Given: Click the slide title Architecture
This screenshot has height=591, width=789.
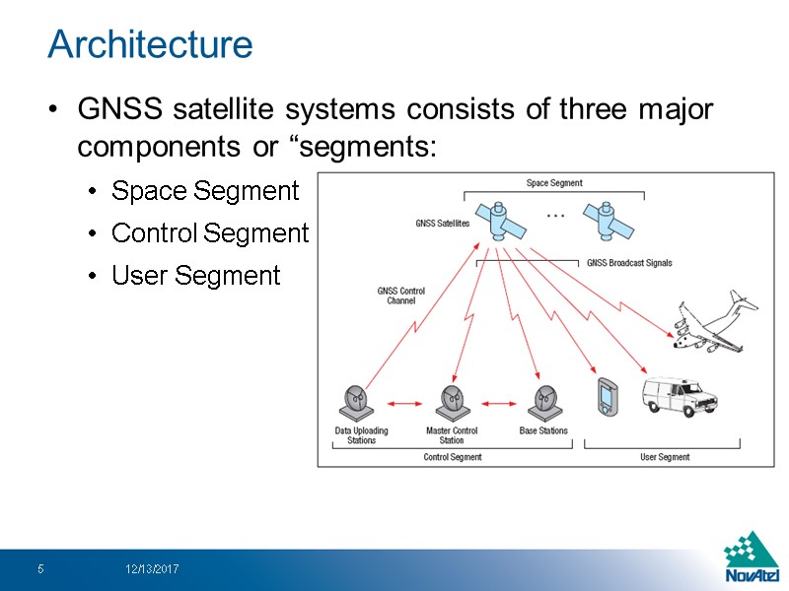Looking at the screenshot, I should (x=150, y=44).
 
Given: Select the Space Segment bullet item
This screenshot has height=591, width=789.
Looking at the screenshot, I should (x=205, y=191).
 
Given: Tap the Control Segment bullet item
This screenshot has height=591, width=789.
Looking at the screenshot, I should (x=210, y=233).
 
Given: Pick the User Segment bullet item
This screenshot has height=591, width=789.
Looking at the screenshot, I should (x=196, y=276).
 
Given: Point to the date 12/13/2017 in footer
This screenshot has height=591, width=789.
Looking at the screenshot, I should (x=152, y=569).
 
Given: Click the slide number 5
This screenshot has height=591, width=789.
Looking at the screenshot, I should (x=40, y=569).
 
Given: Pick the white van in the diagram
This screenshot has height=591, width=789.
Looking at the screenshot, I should (x=680, y=394).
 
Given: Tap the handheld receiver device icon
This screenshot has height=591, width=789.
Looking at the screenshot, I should (x=606, y=396).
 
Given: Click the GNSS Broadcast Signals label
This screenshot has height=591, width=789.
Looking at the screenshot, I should (x=629, y=263).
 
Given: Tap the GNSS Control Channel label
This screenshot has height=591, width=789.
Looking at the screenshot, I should (x=400, y=295).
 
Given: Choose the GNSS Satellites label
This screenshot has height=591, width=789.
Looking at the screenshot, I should (x=442, y=224).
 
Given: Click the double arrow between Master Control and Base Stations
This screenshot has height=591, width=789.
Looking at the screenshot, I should (x=498, y=403).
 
